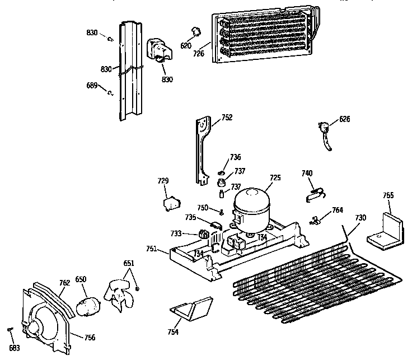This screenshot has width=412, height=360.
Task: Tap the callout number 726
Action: pos(199,54)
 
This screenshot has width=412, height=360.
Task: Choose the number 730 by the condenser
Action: pos(360,218)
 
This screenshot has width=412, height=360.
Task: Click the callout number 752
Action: pos(227,118)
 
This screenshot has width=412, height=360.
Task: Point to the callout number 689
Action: pos(92,86)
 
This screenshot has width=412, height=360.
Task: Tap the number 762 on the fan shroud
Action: pos(64,283)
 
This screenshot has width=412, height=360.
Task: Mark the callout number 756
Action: pos(90,338)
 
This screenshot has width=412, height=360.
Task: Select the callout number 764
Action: pos(337,210)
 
